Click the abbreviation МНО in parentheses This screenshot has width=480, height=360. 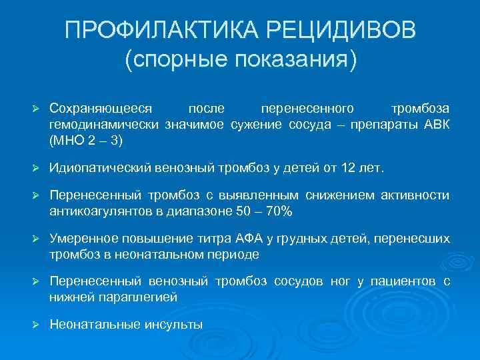tap(65, 141)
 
